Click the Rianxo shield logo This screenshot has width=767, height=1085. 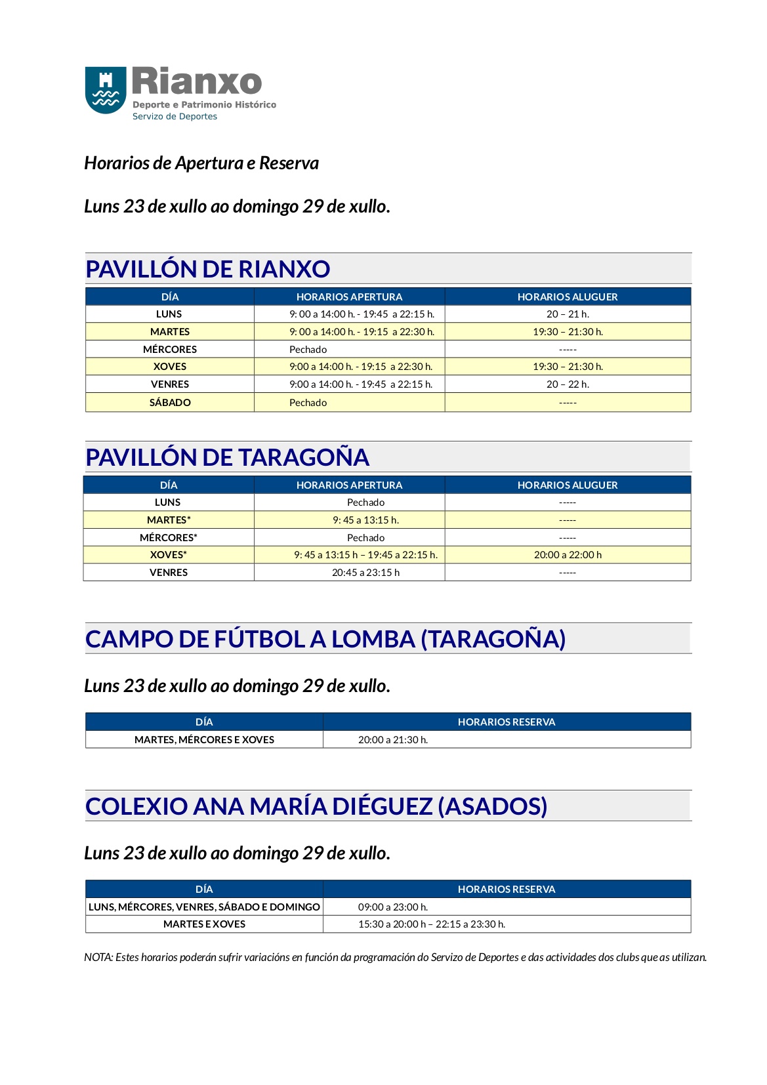[105, 90]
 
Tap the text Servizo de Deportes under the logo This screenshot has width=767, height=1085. [175, 117]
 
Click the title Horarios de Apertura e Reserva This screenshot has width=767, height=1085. [201, 163]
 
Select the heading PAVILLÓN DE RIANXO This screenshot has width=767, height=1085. [207, 269]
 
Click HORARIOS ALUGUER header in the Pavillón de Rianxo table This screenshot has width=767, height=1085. [568, 297]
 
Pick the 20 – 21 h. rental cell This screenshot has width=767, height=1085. [568, 314]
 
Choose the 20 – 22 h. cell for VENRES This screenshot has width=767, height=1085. [568, 384]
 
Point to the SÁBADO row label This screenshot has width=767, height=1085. [170, 403]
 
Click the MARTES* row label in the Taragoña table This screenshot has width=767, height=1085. [169, 520]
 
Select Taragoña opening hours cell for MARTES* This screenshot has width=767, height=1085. [365, 520]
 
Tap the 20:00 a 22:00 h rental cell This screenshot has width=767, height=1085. [568, 555]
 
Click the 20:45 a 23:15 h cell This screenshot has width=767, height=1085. [365, 573]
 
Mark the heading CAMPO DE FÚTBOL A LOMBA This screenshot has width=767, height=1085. [325, 640]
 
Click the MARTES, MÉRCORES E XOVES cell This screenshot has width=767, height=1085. [204, 740]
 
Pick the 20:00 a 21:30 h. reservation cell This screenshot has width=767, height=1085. [393, 740]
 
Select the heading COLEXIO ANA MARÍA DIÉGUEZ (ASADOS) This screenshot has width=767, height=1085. [316, 807]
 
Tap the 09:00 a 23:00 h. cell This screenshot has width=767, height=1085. [393, 907]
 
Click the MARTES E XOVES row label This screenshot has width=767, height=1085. [204, 924]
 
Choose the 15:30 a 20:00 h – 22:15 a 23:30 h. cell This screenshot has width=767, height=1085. [432, 924]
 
